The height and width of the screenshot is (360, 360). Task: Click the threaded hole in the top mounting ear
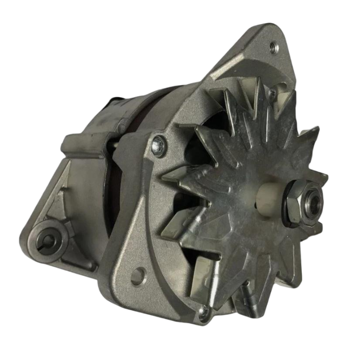tap(274, 47)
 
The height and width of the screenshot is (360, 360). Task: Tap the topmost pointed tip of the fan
tap(261, 80)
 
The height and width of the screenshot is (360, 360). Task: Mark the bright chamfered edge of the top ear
tap(227, 68)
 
